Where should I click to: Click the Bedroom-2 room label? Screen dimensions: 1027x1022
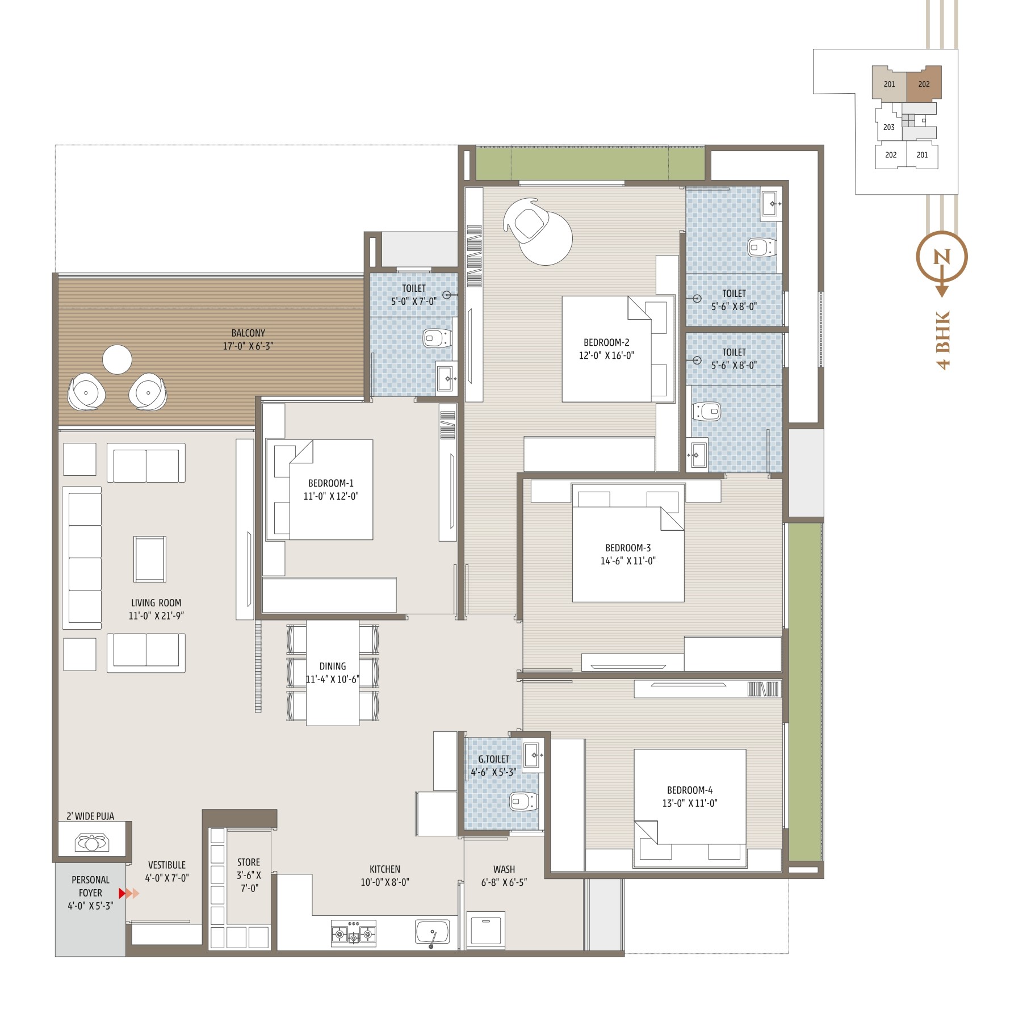(x=606, y=342)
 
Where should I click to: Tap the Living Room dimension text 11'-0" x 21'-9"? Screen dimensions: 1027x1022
(x=156, y=615)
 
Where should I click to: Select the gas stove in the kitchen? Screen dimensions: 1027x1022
(x=354, y=933)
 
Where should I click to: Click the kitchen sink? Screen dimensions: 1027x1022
(x=433, y=933)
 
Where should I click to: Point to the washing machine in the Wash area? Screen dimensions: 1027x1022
(x=486, y=929)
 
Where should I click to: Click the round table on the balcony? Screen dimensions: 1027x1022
(x=118, y=359)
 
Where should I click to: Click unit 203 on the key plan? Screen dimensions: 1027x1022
(x=889, y=127)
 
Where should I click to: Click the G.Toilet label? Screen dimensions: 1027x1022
(x=493, y=759)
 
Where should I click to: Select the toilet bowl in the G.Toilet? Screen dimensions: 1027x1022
(x=523, y=802)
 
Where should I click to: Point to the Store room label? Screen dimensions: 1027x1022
(x=249, y=862)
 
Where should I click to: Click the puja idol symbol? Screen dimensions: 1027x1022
(x=92, y=843)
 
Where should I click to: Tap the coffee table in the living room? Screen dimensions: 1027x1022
(x=150, y=559)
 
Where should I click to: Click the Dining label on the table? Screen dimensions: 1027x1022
(x=333, y=666)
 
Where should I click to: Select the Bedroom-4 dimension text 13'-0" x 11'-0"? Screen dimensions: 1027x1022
(x=690, y=803)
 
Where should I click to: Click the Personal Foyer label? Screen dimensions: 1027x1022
(x=91, y=886)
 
